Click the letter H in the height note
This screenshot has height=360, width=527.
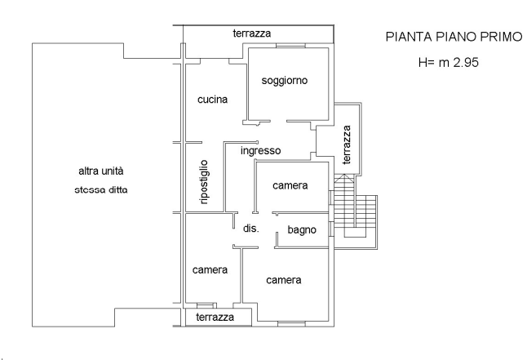pyautogui.click(x=423, y=62)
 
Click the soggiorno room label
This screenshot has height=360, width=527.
pyautogui.click(x=284, y=81)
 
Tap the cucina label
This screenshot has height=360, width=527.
pyautogui.click(x=214, y=100)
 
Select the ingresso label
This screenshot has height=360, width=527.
pyautogui.click(x=261, y=151)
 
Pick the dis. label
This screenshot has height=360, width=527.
pyautogui.click(x=250, y=229)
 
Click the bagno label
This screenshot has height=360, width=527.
pyautogui.click(x=301, y=230)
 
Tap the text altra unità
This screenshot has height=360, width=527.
pyautogui.click(x=100, y=171)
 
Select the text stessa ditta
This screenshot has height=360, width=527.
pyautogui.click(x=100, y=190)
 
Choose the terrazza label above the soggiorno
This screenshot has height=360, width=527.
pyautogui.click(x=251, y=33)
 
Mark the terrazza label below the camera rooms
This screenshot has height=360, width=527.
pyautogui.click(x=215, y=317)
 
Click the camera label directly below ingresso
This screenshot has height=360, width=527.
pyautogui.click(x=290, y=186)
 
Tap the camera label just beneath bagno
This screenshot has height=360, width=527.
pyautogui.click(x=285, y=281)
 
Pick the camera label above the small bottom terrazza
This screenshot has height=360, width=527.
pyautogui.click(x=210, y=271)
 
